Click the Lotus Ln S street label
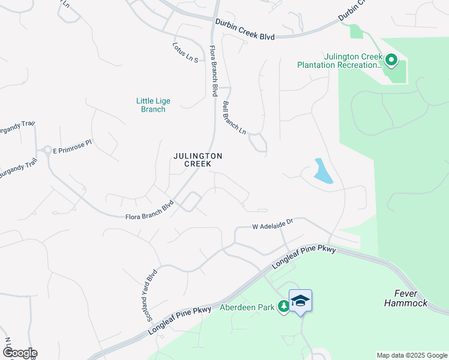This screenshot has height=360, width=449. coord(185,53)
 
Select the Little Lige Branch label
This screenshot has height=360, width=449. coord(151,105)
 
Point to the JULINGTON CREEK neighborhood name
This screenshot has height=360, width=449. coord(197,160)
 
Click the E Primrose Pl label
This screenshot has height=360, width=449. coord(72,146)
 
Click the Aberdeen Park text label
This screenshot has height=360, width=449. coord(247,307)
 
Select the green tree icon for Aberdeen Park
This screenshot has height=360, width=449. coord(283,307)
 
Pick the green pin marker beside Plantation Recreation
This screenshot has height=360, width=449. coord(391,59)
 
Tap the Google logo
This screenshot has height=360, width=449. coord(19,353)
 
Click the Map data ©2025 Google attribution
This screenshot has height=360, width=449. coord(412,355)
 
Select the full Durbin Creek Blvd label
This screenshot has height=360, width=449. coord(245,30)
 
